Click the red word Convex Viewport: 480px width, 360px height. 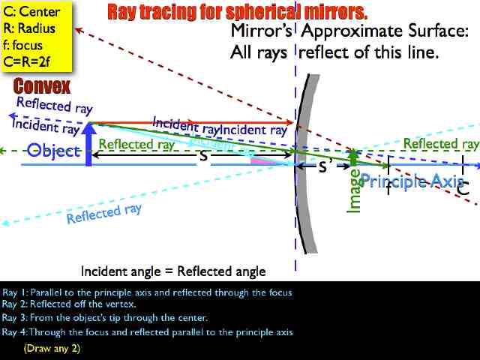41,86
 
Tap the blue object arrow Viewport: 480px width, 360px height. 89,146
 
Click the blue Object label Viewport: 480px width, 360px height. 53,151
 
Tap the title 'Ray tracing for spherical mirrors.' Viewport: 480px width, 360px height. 238,12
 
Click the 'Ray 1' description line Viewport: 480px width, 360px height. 147,292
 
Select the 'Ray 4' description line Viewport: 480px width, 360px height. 147,332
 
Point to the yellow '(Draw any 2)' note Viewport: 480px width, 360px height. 52,349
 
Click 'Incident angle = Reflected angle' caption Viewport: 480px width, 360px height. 173,271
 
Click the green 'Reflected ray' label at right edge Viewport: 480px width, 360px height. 441,143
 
